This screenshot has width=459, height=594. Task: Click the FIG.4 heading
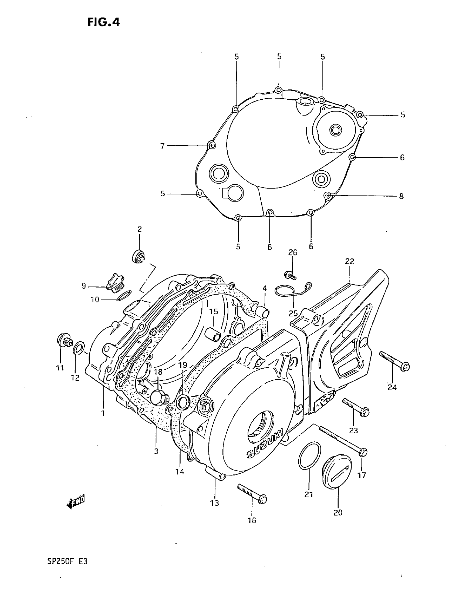(104, 22)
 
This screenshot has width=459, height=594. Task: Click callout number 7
(162, 146)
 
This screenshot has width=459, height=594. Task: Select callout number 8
(401, 196)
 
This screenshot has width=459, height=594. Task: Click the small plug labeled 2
(139, 256)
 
